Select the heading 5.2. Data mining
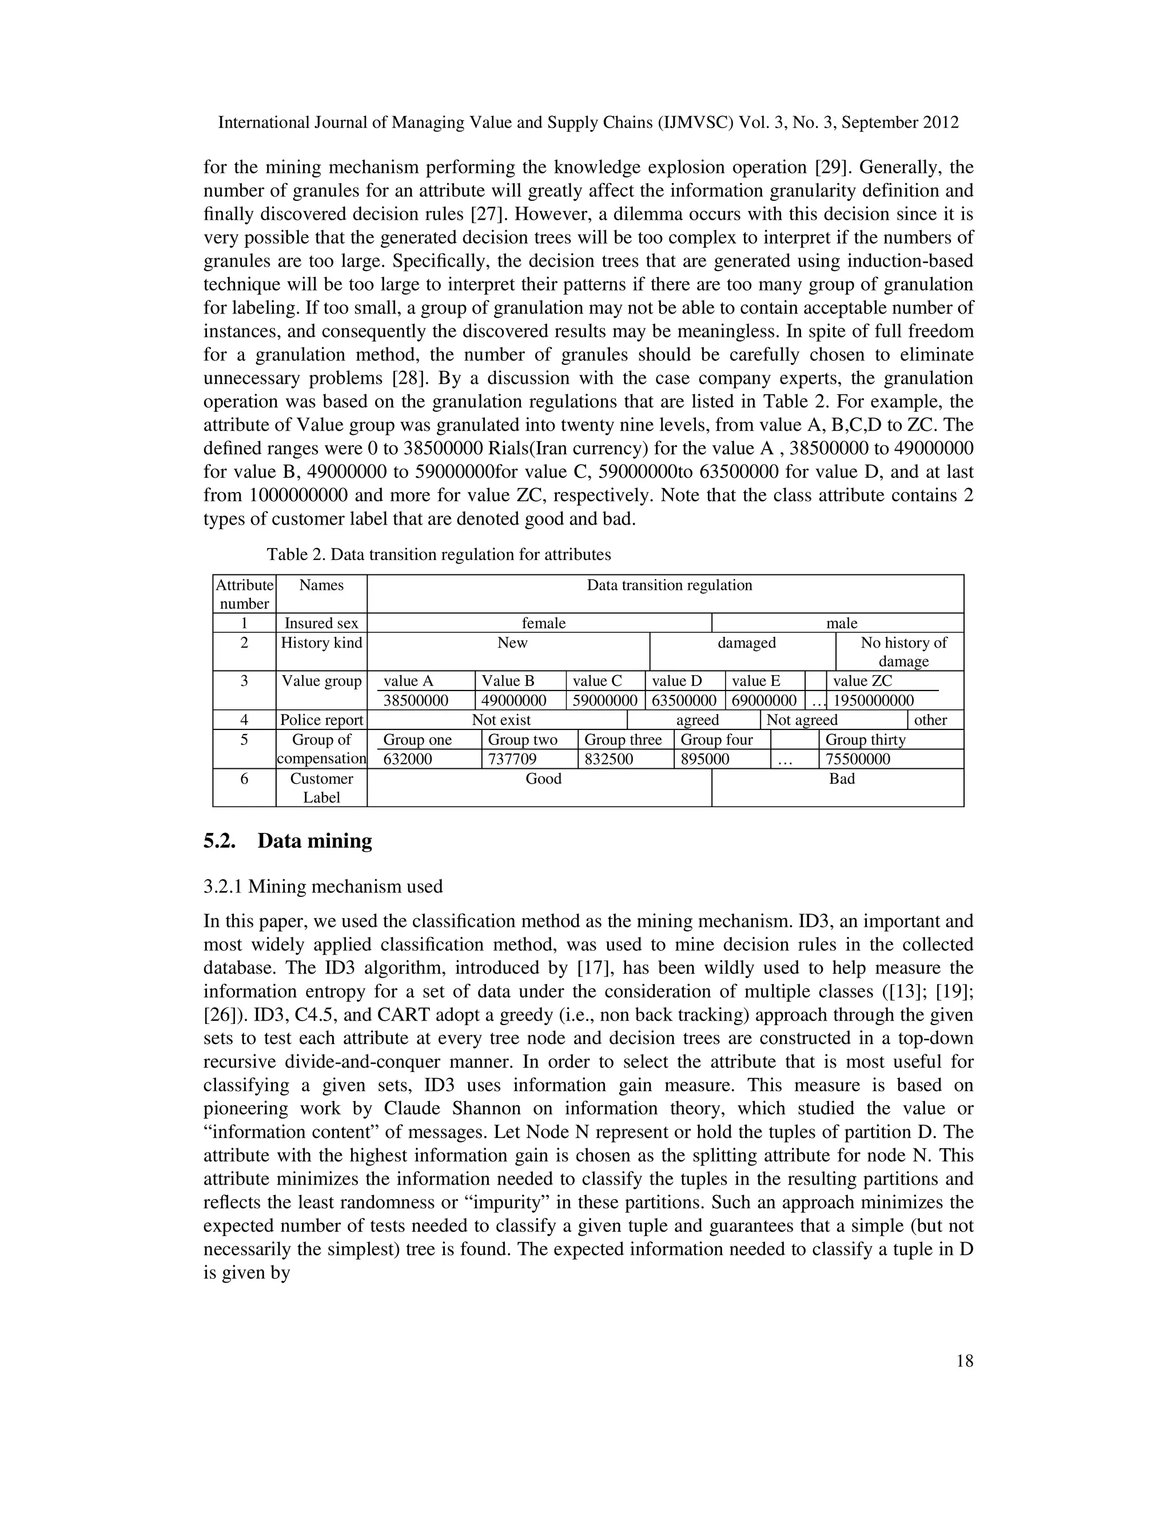point(287,840)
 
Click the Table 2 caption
point(439,554)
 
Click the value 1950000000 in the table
point(873,700)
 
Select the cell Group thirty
point(865,739)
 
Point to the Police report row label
point(321,720)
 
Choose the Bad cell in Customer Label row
point(842,779)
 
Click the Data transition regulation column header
point(669,585)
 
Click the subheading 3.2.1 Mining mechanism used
point(322,886)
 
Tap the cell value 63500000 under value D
point(683,700)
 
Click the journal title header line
point(588,123)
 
